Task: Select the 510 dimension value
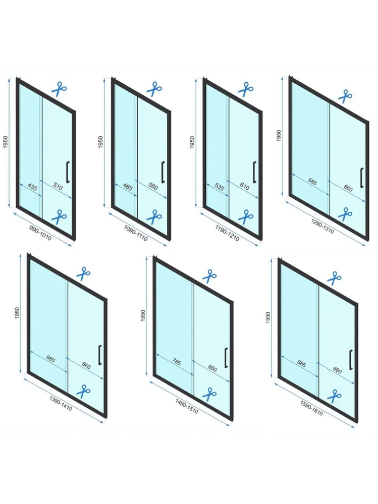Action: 57,187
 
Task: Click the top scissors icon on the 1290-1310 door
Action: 345,96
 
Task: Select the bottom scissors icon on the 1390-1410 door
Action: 83,390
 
